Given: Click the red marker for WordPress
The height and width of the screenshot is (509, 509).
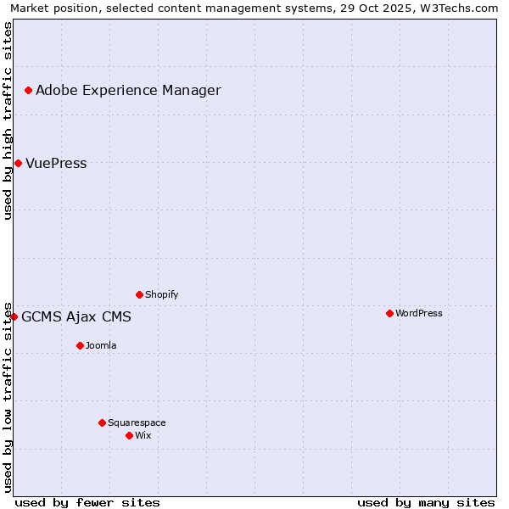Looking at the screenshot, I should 389,313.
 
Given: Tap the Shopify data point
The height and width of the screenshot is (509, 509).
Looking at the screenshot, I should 139,294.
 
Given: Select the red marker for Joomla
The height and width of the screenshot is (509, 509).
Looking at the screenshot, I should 80,345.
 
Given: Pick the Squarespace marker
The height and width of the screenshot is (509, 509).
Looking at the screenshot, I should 102,422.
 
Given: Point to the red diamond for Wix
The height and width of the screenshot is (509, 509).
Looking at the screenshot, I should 129,435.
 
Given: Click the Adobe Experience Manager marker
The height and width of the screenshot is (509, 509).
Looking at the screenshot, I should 28,90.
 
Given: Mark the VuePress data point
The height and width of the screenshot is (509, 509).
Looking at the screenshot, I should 18,163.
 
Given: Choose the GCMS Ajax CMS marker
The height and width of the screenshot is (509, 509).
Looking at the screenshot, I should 14,316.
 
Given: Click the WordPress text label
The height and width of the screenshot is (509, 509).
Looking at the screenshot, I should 418,313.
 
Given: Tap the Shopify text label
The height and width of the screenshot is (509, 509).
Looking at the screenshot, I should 161,294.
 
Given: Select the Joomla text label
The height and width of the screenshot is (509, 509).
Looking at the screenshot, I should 101,345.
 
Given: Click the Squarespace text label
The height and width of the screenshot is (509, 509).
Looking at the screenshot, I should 137,422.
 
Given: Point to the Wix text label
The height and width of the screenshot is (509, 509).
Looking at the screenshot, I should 143,435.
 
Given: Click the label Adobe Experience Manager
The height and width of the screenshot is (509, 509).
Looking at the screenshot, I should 128,90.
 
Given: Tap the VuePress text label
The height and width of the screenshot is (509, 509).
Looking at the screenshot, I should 56,163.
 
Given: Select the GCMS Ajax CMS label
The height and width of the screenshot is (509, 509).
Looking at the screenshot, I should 76,316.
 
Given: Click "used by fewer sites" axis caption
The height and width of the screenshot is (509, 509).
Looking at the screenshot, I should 87,502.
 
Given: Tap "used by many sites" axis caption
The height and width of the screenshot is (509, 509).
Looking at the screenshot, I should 426,502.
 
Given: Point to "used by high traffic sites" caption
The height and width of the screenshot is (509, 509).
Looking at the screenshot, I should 8,120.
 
